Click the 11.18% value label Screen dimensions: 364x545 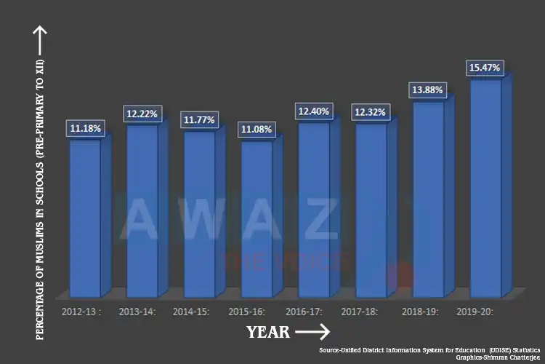86,129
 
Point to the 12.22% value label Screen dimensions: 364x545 142,114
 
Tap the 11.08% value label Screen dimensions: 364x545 257,130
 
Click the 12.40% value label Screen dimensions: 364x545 314,111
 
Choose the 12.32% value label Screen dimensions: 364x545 371,113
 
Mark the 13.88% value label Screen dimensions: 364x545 428,90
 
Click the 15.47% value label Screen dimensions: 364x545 485,68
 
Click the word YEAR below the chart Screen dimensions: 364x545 268,333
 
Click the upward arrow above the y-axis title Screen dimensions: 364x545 40,36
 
